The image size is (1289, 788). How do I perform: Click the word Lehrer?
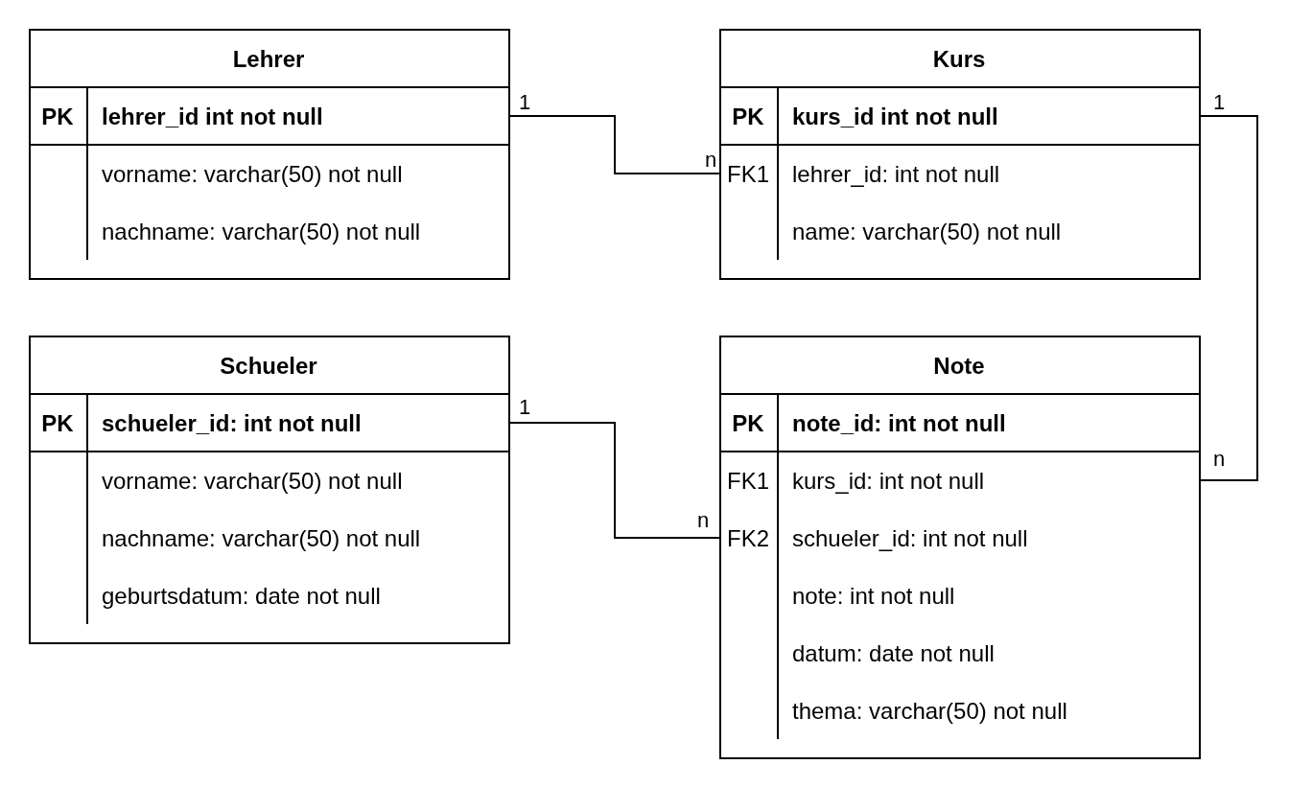pos(269,59)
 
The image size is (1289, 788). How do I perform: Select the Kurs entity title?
pos(959,59)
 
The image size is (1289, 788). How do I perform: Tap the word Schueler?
pos(269,366)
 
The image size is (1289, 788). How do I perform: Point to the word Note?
pos(959,366)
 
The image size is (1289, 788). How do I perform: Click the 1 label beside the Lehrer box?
pos(525,103)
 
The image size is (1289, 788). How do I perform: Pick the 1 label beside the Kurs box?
pos(1219,103)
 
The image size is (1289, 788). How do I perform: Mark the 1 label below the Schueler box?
pos(525,407)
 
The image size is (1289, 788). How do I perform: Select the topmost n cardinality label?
pos(711,160)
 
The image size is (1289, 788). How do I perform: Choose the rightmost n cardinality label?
pos(1219,459)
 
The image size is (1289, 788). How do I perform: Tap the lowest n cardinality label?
pos(703,521)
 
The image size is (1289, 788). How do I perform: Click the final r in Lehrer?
pos(300,60)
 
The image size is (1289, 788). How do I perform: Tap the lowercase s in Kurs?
pos(979,60)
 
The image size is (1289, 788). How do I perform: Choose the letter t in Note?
pos(968,366)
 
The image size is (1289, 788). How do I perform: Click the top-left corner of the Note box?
pos(721,337)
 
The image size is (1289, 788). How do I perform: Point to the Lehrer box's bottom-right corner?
pos(507,85)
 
